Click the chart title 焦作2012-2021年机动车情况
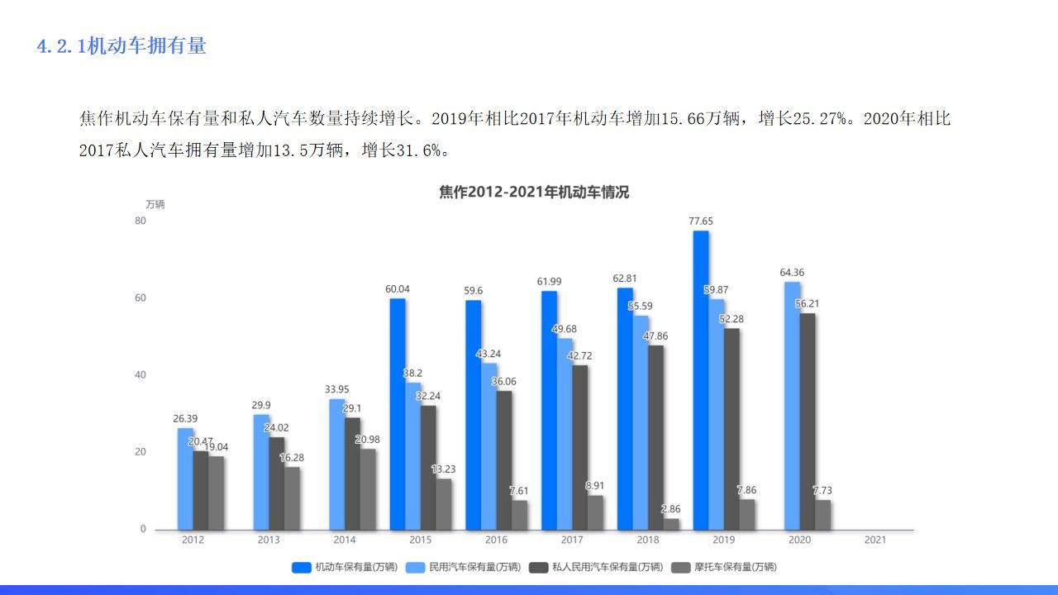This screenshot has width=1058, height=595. click(534, 193)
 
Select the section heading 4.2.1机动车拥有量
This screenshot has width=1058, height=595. click(122, 46)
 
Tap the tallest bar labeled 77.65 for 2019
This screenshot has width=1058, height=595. click(701, 379)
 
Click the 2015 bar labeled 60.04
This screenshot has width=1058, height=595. click(398, 413)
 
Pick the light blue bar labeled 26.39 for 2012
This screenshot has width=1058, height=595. click(185, 478)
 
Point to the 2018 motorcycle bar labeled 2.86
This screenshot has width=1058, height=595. click(671, 524)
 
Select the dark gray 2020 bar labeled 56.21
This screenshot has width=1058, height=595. click(808, 421)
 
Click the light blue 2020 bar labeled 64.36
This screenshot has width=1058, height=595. click(792, 405)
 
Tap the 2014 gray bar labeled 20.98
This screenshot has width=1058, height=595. click(368, 488)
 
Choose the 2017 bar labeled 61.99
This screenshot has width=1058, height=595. click(549, 410)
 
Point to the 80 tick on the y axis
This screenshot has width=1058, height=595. click(140, 221)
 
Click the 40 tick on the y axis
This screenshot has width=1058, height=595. click(140, 375)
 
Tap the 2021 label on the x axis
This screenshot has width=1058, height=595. click(875, 540)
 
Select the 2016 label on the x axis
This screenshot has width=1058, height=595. click(496, 540)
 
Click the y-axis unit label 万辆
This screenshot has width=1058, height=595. click(155, 204)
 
